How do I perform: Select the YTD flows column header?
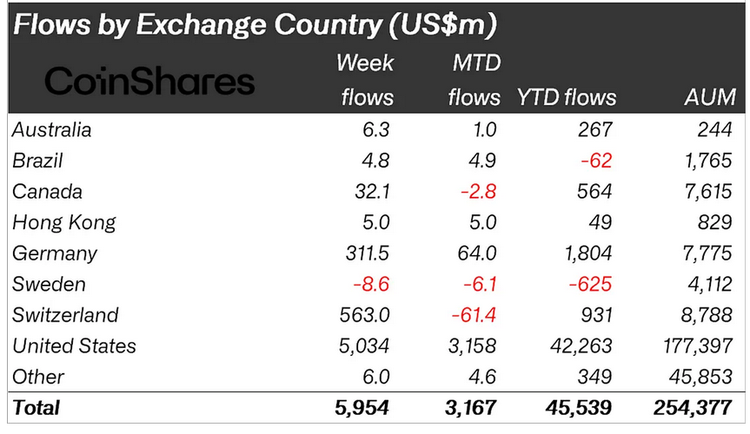[567, 96]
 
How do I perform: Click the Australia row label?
[52, 130]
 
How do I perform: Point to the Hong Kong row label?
[64, 222]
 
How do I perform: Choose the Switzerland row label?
[65, 314]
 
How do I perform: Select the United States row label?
[75, 345]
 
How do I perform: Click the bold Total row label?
[37, 405]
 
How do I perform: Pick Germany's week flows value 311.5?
[365, 253]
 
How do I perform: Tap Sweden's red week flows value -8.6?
[371, 284]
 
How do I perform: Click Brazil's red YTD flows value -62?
[594, 161]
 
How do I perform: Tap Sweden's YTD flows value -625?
[588, 284]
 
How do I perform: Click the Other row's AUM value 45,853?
[699, 376]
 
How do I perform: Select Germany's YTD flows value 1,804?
[583, 253]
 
